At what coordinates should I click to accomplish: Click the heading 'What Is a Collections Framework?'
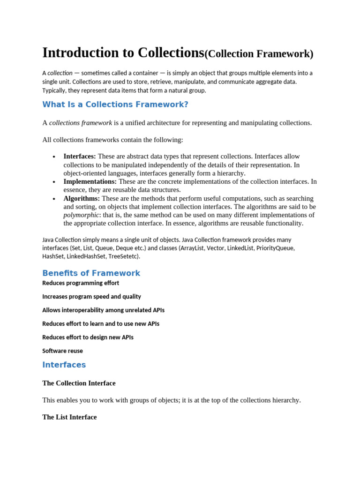pos(115,105)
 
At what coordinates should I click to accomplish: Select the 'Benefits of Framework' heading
pos(91,273)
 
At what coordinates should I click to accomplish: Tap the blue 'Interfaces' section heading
pos(64,365)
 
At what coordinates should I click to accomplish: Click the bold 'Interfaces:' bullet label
pos(80,156)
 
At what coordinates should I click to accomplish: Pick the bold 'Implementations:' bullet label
pos(90,181)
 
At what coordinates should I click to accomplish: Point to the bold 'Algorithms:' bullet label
pos(82,198)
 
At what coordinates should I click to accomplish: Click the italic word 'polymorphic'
pos(81,215)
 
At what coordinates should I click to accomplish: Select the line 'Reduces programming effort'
pos(81,283)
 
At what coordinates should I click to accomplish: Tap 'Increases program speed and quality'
pos(91,297)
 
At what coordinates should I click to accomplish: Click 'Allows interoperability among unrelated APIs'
pos(103,310)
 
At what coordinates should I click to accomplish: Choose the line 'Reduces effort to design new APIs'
pos(88,337)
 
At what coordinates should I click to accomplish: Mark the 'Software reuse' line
pos(62,351)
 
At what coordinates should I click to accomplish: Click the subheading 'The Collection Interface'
pos(79,383)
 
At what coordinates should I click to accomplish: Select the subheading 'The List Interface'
pos(69,417)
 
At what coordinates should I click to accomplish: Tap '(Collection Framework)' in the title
pos(258,54)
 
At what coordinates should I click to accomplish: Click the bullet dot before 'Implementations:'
pos(54,182)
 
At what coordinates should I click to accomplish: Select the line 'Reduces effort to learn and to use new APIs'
pos(101,324)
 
